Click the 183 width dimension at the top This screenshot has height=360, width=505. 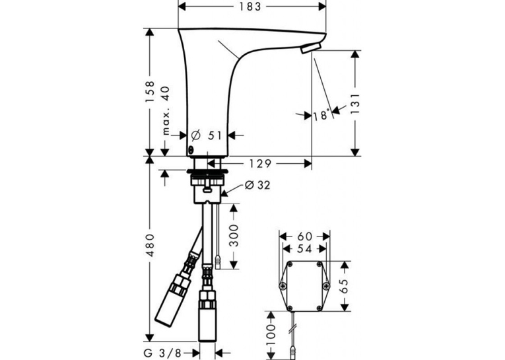coord(250,7)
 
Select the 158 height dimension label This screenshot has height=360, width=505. coord(150,92)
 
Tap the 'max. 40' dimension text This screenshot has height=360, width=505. coord(165,110)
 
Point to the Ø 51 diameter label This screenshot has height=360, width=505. coord(207,135)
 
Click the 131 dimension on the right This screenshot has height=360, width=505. coord(355,104)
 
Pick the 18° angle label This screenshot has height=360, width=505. coord(321,115)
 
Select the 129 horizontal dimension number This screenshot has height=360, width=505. coord(260,164)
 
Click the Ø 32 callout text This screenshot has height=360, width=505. coord(257,185)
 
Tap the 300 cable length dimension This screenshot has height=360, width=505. coord(234,236)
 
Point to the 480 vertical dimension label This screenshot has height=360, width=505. coord(150,246)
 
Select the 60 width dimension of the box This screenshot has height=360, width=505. coord(305,236)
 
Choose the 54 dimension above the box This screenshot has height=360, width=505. coord(305,249)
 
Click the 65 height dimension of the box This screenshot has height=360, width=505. coord(344,286)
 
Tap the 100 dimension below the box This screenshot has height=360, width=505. coord(271,336)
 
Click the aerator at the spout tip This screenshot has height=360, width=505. coord(310,48)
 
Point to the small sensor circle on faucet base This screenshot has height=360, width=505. coord(191,149)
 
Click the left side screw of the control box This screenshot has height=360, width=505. coord(283,286)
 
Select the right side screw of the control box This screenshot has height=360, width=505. coord(326,286)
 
